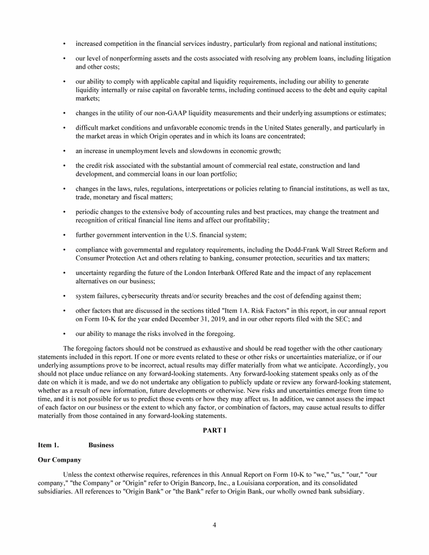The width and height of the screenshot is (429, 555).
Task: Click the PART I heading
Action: (x=214, y=430)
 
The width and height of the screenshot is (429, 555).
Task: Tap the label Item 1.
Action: (x=48, y=445)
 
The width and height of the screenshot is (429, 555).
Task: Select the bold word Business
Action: (x=101, y=445)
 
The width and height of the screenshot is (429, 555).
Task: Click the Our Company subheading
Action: (x=60, y=460)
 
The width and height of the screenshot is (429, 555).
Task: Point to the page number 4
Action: (x=214, y=524)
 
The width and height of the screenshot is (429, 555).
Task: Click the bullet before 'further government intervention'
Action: (x=65, y=235)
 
